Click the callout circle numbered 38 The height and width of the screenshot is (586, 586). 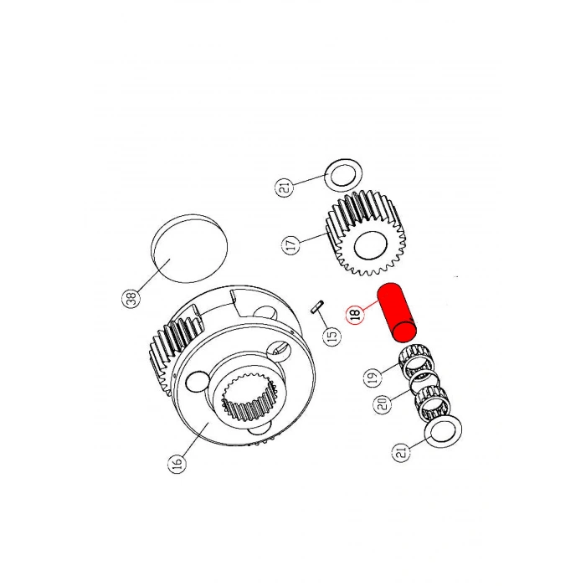tap(131, 298)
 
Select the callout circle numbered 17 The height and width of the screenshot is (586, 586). tap(291, 244)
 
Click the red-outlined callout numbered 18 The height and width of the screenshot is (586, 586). tap(356, 315)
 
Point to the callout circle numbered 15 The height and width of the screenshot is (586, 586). tap(332, 337)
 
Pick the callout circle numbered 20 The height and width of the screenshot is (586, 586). tap(382, 405)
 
